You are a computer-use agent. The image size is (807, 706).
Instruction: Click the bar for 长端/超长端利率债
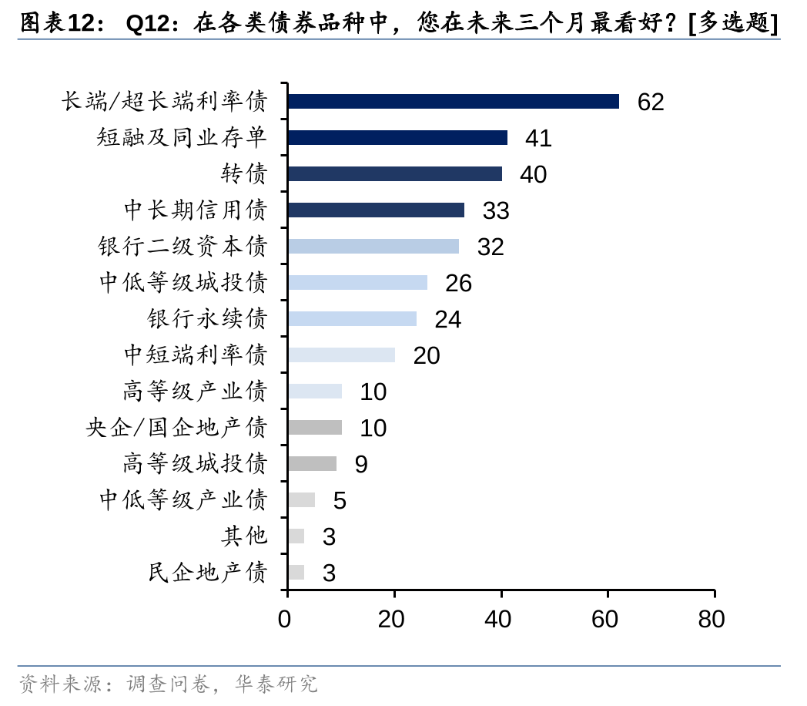pos(453,102)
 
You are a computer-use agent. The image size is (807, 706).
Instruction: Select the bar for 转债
pos(394,174)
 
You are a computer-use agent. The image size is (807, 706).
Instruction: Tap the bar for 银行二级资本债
pos(373,247)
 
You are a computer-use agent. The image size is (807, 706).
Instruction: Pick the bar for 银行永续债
pos(352,319)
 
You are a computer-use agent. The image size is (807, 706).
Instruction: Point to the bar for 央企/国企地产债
pos(314,428)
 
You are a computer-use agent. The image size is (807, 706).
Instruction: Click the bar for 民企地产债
pos(296,573)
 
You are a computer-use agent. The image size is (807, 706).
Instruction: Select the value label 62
pos(651,102)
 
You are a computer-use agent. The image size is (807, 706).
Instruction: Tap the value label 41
pos(538,138)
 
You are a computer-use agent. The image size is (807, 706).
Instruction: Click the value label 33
pos(496,210)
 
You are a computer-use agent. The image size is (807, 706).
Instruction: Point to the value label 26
pos(458,283)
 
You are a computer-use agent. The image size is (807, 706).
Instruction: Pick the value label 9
pos(361,464)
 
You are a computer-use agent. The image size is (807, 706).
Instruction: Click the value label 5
pos(340,500)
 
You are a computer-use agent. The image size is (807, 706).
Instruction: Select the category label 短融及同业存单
pos(182,138)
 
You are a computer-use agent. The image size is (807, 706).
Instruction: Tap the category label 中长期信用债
pos(196,210)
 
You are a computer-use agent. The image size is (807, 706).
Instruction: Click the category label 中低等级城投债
pos(183,283)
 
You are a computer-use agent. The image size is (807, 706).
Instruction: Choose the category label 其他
pos(244,536)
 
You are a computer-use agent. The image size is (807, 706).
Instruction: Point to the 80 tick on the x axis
pos(712,618)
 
